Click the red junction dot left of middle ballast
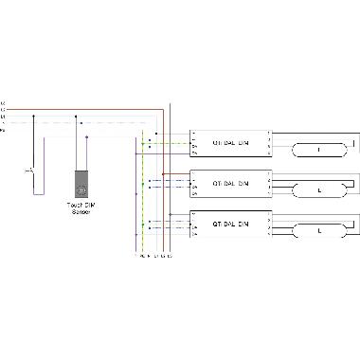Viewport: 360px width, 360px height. point(163,174)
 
